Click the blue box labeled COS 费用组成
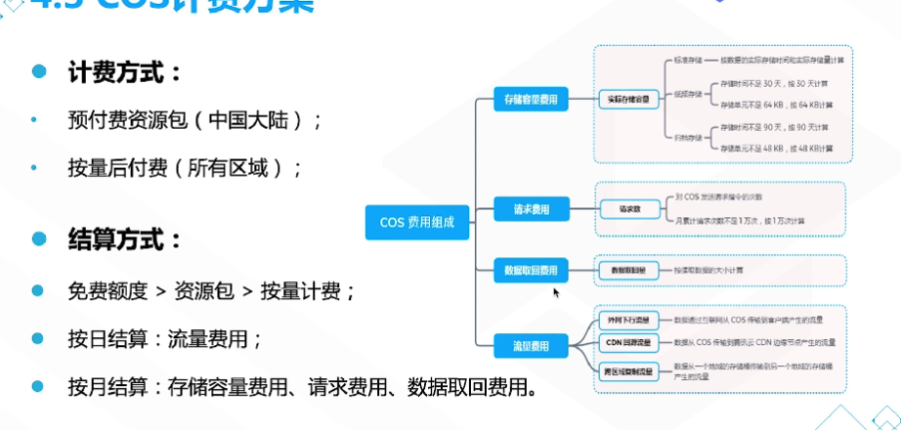tap(416, 222)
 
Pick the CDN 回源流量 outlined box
tap(628, 343)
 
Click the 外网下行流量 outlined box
tap(628, 320)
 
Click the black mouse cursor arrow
tap(557, 292)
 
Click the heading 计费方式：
tap(123, 73)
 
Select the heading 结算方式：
tap(123, 239)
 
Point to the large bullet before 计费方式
tap(38, 73)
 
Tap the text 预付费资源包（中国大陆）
tap(195, 120)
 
